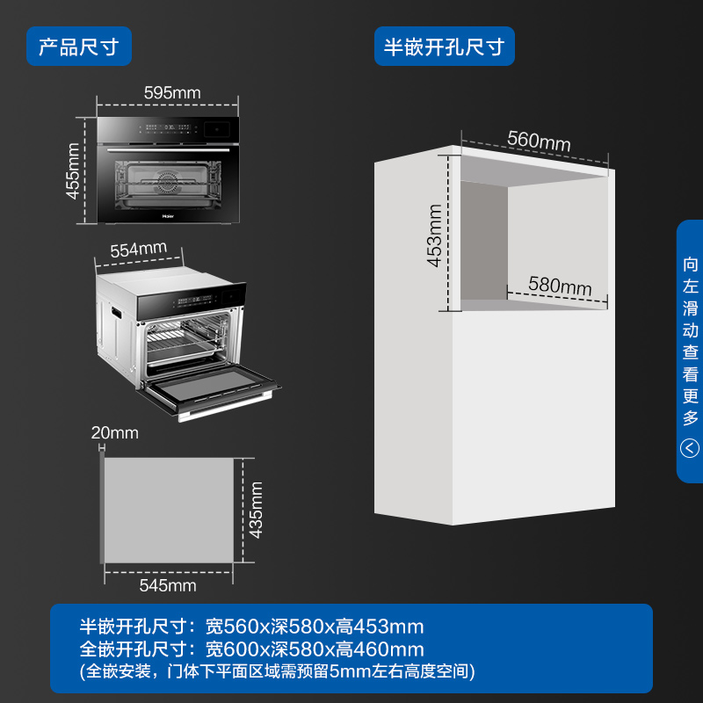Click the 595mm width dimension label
click(172, 93)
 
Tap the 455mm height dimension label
click(73, 170)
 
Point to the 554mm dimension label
click(139, 250)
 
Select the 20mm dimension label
click(115, 432)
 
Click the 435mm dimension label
click(256, 511)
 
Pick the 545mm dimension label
click(168, 585)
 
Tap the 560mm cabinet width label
click(539, 141)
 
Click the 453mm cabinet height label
click(434, 236)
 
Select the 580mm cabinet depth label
click(560, 285)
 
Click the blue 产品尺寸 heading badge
click(79, 47)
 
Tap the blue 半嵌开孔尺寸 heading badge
click(445, 47)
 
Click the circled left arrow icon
click(690, 448)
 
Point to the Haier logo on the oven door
click(168, 216)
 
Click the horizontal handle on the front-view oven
click(168, 149)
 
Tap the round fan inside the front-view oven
click(168, 182)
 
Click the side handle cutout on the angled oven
click(116, 311)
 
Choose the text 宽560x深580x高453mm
click(315, 627)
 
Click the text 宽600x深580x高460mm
click(315, 649)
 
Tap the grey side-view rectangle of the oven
click(169, 511)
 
